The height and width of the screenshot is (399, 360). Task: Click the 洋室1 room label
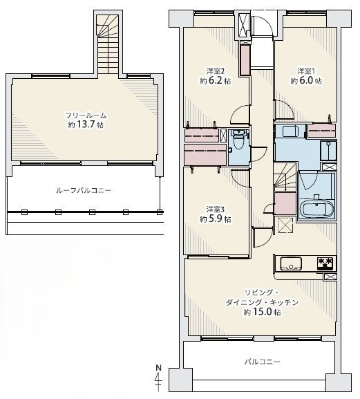[x=306, y=71]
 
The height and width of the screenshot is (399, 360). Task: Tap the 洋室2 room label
[x=215, y=71]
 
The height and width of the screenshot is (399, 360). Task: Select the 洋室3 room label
[x=215, y=209]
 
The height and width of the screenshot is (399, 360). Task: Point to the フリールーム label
[x=86, y=115]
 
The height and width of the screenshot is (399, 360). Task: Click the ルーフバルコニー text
[x=84, y=190]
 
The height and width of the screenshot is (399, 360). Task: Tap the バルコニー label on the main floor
[x=262, y=362]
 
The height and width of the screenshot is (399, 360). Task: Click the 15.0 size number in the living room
[x=263, y=312]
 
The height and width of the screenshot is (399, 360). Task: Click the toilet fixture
[x=238, y=140]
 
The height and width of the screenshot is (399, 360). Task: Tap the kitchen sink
[x=291, y=263]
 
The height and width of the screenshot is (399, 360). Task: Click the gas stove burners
[x=325, y=263]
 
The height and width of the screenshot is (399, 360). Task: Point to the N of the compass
[x=159, y=367]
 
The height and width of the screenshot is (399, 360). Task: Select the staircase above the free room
[x=108, y=44]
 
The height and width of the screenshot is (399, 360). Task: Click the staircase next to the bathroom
[x=285, y=177]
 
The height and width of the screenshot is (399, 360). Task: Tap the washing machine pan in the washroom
[x=328, y=150]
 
